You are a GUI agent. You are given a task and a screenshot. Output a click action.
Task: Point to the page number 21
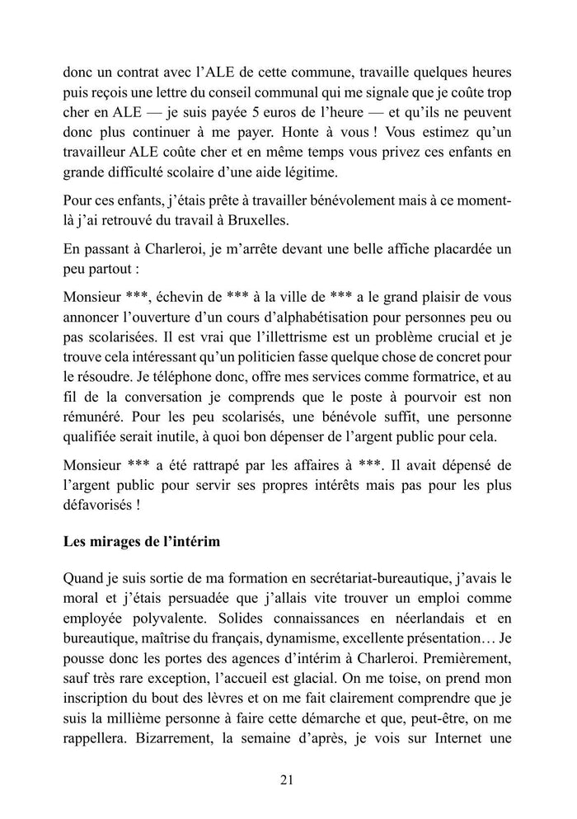point(288,779)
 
